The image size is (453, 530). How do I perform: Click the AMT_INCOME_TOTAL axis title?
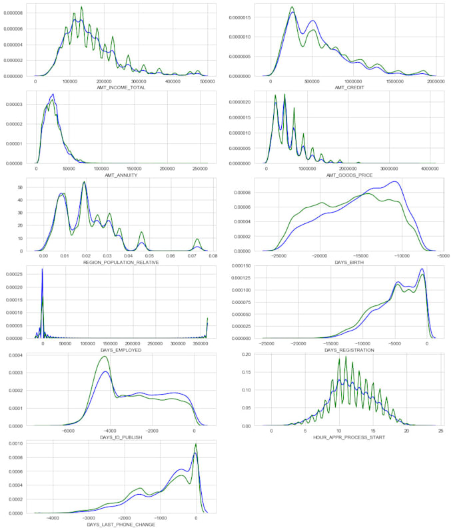click(121, 88)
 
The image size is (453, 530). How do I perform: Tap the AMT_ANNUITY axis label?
click(121, 175)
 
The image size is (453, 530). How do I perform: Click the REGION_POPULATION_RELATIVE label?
click(121, 263)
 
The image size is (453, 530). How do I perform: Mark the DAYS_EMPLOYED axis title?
click(121, 350)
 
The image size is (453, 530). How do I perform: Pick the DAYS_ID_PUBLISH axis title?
click(121, 437)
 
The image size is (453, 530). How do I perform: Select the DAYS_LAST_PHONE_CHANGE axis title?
click(121, 525)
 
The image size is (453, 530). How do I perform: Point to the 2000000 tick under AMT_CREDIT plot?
click(436, 81)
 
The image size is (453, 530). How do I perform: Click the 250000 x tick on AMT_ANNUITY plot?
click(199, 169)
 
